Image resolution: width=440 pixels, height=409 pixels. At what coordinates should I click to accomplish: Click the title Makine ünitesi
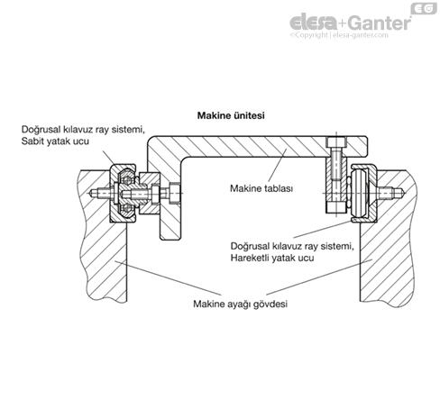[231, 115]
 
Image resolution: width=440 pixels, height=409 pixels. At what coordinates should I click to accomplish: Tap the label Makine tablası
[261, 188]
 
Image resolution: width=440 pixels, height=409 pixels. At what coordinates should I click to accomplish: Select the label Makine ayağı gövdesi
[240, 304]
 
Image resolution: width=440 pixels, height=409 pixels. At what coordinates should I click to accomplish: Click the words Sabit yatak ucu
[55, 141]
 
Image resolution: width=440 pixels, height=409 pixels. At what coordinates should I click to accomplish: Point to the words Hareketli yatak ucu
[272, 258]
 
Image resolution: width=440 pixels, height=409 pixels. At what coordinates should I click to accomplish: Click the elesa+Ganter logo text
[351, 23]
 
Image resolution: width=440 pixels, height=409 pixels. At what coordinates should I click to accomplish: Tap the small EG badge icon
[424, 9]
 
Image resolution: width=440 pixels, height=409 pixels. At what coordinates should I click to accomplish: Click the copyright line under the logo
[339, 35]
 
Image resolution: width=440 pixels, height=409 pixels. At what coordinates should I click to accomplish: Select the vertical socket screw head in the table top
[336, 142]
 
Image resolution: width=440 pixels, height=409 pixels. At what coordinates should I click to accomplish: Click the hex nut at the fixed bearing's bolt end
[175, 193]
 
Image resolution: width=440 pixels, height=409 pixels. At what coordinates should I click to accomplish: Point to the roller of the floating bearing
[360, 193]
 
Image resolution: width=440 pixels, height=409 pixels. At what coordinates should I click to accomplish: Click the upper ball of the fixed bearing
[127, 180]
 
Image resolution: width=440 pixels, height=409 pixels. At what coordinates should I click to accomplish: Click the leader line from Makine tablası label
[276, 165]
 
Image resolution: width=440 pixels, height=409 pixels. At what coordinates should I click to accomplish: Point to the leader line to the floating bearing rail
[323, 230]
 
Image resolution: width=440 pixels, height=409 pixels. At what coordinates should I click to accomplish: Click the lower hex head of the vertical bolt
[336, 207]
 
